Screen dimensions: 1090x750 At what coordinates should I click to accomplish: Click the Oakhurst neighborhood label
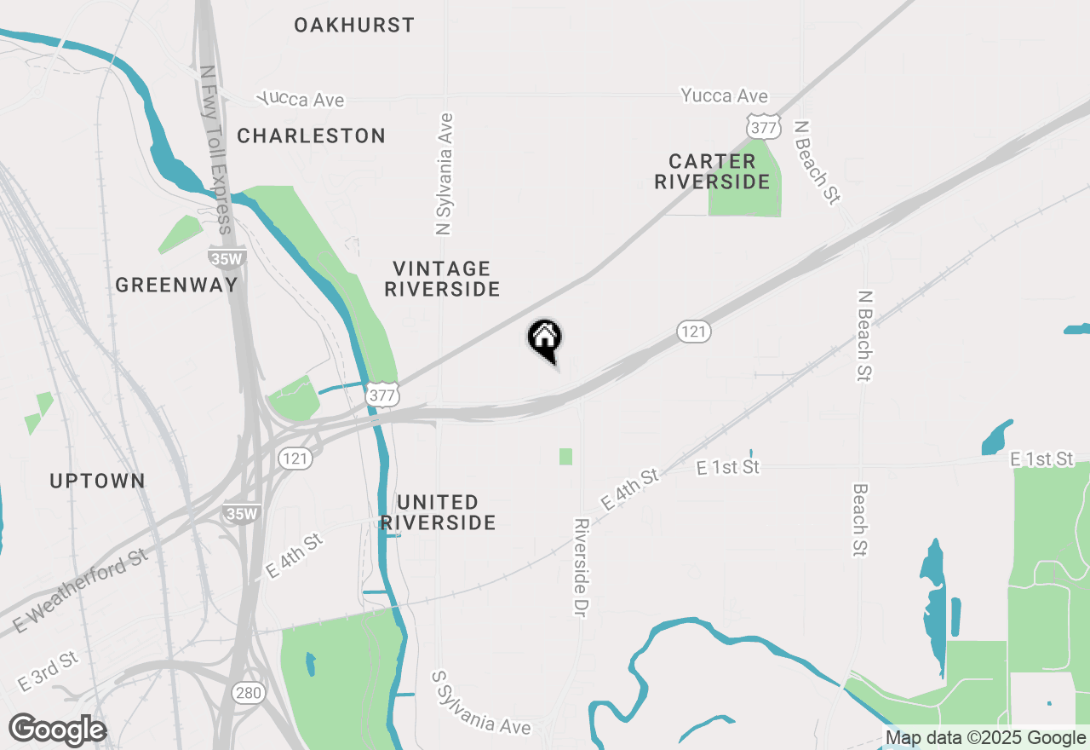(x=354, y=25)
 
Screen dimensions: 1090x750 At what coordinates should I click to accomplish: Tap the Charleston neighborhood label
(x=311, y=136)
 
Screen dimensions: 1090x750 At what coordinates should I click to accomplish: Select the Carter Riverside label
(x=712, y=171)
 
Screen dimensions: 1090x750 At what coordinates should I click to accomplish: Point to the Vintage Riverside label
(x=442, y=280)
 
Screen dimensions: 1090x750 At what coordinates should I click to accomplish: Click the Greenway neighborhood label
(x=176, y=285)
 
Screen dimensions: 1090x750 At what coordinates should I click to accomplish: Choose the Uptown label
(x=97, y=481)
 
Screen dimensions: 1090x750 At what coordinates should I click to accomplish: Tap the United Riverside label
(x=438, y=512)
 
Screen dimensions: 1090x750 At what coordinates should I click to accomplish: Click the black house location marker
(x=545, y=339)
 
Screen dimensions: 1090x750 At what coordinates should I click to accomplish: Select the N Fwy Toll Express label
(x=215, y=150)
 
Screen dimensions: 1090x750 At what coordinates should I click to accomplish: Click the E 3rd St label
(x=47, y=672)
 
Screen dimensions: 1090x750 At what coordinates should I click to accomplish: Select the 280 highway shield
(x=249, y=693)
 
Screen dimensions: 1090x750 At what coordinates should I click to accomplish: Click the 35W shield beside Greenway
(x=225, y=257)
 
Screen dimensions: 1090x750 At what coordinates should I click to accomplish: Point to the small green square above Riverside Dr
(x=565, y=457)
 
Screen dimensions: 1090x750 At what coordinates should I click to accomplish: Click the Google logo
(x=57, y=730)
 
